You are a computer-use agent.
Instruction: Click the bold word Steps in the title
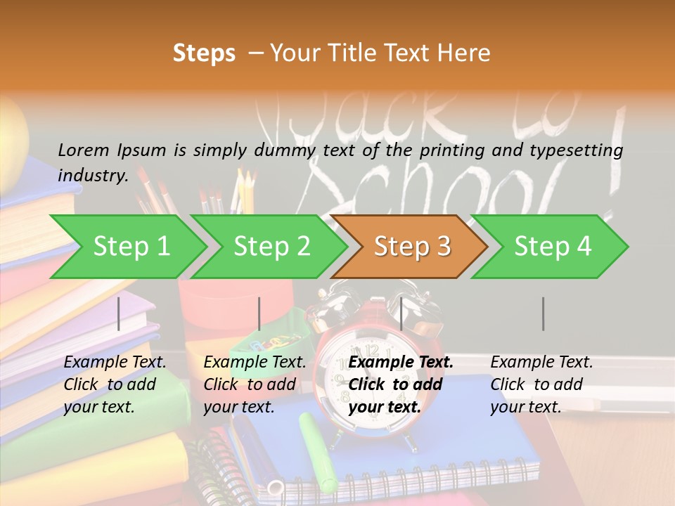tap(204, 53)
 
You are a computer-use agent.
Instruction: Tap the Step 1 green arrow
tap(131, 247)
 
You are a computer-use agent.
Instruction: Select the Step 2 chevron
tap(272, 247)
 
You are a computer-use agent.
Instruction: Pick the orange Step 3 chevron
tap(412, 247)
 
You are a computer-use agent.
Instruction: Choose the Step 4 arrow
tap(553, 247)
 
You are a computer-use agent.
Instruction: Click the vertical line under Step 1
tap(119, 313)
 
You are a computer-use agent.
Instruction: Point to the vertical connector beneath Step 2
tap(259, 313)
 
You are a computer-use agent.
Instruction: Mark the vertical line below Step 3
tap(401, 313)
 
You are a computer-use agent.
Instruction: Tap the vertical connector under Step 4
tap(544, 313)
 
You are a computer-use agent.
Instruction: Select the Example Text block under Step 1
tap(115, 384)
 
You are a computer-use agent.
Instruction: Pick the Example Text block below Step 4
tap(541, 384)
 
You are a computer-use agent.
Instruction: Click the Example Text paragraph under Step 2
tap(255, 384)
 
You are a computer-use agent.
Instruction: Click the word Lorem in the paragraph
tap(84, 150)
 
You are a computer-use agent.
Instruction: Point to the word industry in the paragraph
tap(92, 176)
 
